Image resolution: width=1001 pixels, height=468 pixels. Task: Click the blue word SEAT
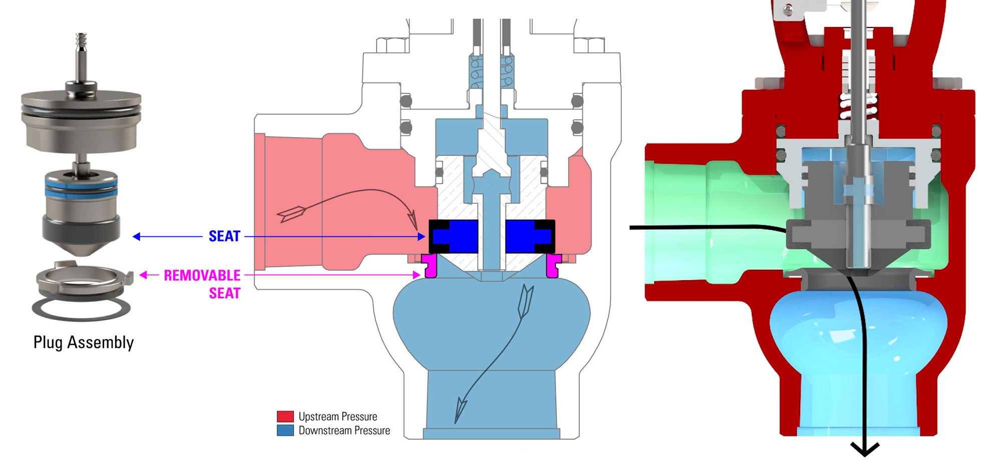224,236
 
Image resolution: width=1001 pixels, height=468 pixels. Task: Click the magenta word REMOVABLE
202,275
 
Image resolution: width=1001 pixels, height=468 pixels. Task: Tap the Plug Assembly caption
84,342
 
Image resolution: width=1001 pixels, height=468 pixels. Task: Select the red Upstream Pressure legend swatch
285,416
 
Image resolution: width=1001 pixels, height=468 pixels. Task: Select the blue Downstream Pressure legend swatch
285,430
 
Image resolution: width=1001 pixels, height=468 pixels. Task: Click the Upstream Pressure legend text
338,416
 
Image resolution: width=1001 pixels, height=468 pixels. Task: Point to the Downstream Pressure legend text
344,430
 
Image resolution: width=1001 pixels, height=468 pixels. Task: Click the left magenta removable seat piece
429,266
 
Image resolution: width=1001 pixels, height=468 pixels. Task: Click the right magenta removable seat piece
553,266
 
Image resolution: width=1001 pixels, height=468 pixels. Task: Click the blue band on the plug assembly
81,191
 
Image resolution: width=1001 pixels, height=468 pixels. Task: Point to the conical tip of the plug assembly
82,248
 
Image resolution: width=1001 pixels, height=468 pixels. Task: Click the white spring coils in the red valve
859,107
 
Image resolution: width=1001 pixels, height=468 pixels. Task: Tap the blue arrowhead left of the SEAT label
136,236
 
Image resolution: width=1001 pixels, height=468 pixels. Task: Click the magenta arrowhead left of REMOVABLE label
143,275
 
